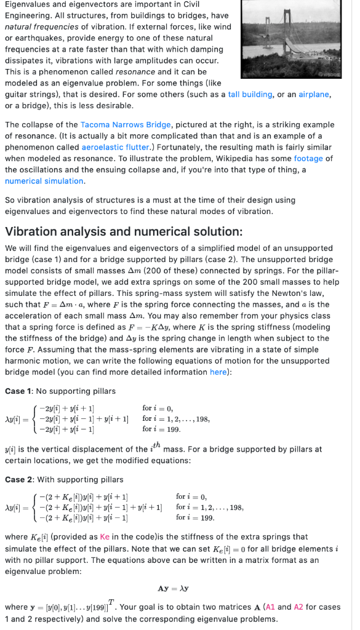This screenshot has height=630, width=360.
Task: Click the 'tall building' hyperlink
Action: point(250,94)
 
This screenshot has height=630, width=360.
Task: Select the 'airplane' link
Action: point(314,94)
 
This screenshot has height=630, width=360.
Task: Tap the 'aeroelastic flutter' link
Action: point(114,147)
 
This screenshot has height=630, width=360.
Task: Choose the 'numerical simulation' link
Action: point(44,181)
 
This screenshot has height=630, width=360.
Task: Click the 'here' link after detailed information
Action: point(218,372)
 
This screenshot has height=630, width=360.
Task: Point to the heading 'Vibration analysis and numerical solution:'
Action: point(124,231)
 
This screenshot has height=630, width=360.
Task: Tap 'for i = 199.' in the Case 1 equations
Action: point(160,429)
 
